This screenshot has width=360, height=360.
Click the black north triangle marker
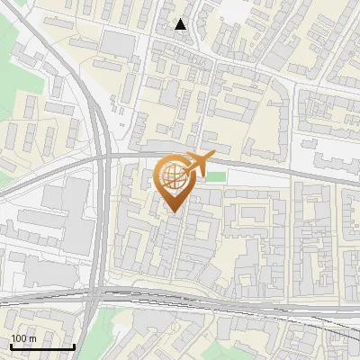click(181, 24)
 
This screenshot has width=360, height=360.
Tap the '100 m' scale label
click(24, 338)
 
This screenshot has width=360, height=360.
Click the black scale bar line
click(42, 346)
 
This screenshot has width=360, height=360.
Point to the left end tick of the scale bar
click(12, 346)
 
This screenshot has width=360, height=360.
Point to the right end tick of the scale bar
click(73, 346)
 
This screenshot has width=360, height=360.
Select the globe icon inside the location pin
click(174, 178)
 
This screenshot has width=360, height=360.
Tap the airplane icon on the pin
click(195, 165)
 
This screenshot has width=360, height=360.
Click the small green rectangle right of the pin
click(215, 175)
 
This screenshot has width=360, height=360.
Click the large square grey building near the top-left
click(116, 43)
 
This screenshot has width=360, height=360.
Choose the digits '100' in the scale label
click(19, 338)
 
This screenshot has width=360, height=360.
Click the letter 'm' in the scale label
click(32, 338)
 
